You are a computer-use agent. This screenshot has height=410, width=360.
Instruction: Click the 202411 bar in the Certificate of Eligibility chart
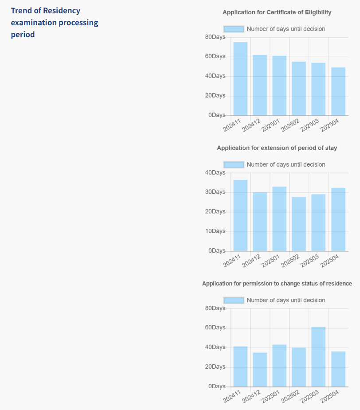point(240,79)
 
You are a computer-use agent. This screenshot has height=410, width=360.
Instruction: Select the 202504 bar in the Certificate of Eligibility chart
point(338,91)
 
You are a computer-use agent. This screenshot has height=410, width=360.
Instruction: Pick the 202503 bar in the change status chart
point(318,357)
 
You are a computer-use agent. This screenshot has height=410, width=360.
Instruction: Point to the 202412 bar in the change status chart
point(260,369)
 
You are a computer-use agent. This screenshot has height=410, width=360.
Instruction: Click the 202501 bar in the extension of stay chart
point(279,219)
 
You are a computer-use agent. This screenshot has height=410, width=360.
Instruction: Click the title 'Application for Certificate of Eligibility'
point(277,12)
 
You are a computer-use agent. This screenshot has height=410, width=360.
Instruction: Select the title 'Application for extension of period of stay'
point(277,148)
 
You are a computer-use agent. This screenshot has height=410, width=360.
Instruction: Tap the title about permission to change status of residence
point(277,284)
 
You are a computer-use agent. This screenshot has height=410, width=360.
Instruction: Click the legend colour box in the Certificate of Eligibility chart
point(234,29)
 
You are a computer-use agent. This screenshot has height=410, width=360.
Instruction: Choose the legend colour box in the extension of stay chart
point(234,165)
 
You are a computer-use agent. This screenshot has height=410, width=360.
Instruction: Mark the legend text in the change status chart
point(286,301)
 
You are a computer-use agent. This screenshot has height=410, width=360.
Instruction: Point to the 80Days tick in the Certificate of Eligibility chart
point(215,37)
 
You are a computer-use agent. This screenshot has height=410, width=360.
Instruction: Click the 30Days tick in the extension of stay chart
point(215,192)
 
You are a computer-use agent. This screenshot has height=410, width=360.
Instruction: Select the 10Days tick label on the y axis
point(215,231)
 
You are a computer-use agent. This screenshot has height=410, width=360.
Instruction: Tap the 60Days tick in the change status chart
point(215,328)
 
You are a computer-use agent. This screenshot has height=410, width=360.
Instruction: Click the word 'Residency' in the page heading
point(62,11)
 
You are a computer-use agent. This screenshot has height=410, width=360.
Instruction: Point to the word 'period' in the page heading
point(23,35)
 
